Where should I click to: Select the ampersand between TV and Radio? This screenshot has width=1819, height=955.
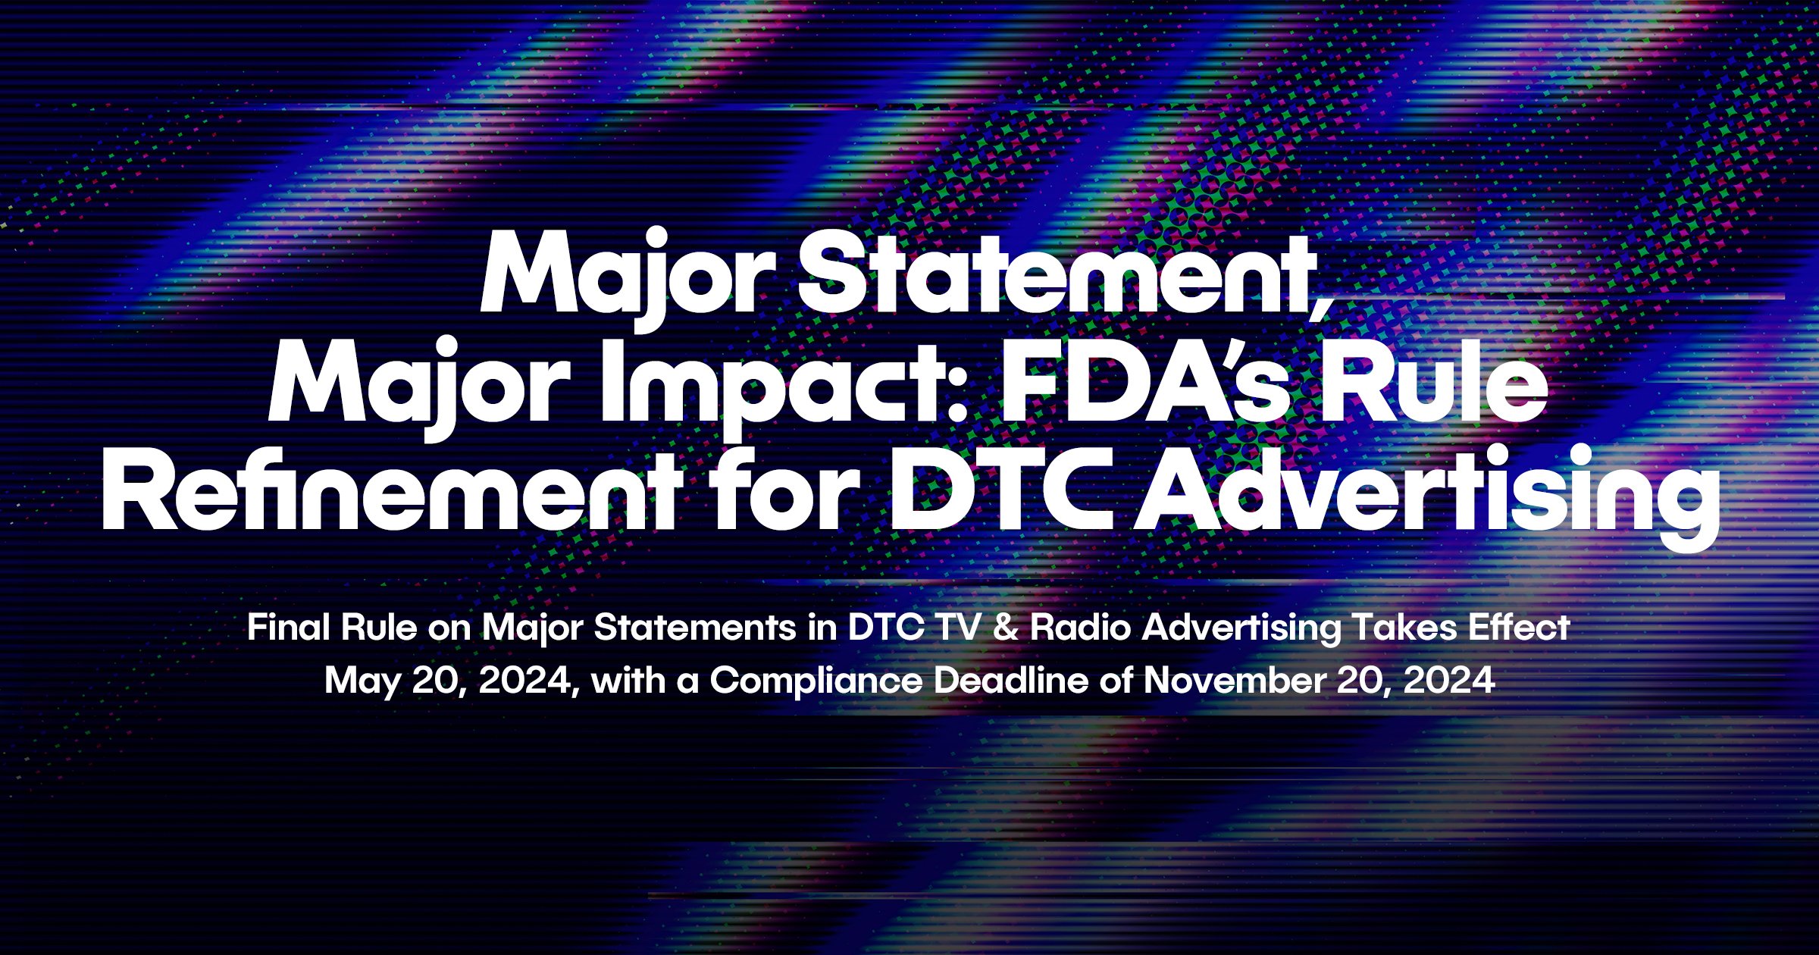coord(1005,628)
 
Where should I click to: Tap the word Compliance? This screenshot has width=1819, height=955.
coord(816,681)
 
